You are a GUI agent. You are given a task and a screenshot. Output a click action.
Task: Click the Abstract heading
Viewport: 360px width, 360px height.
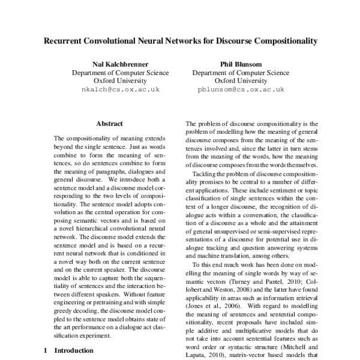point(109,123)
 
